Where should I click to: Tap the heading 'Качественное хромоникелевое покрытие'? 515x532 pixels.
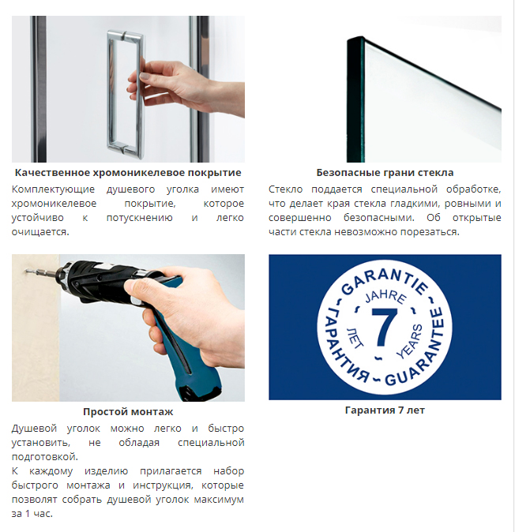[128, 173]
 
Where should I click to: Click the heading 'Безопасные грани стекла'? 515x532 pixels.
[385, 173]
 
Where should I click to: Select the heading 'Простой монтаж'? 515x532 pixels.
[128, 412]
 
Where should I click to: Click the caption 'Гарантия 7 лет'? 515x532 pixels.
[385, 410]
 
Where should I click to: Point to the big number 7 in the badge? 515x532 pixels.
[385, 327]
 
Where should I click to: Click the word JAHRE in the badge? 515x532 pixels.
[385, 295]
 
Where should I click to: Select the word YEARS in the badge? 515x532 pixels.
[410, 341]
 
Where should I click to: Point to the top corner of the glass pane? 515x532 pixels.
[363, 36]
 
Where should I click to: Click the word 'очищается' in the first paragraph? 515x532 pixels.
[39, 232]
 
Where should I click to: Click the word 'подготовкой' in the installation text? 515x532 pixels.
[44, 457]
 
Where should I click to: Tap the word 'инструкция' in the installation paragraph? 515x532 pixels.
[162, 485]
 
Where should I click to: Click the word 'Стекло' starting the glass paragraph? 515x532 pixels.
[285, 189]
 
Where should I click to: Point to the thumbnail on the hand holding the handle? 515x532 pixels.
[145, 77]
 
